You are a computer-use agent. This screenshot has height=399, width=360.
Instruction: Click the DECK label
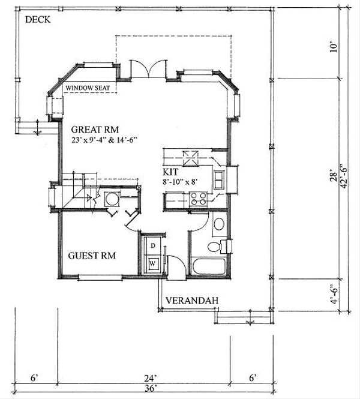38,20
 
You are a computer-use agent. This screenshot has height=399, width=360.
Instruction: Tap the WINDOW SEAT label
88,88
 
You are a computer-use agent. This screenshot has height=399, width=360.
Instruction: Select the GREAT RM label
95,130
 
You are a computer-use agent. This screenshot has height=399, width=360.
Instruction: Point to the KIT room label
170,172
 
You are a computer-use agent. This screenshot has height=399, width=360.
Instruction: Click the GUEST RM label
92,255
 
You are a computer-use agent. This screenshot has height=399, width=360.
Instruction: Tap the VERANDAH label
192,301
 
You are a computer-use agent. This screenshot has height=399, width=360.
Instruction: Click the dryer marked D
152,245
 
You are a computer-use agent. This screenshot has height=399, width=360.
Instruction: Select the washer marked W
152,264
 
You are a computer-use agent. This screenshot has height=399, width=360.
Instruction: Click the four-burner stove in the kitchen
199,199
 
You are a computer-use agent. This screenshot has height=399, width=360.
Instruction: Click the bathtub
209,266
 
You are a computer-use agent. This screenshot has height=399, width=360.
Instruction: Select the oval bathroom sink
219,224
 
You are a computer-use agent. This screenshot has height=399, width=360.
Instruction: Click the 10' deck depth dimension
334,48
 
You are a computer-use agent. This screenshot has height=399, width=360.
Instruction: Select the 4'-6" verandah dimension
334,294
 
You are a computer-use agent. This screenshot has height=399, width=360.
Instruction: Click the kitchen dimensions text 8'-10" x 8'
181,182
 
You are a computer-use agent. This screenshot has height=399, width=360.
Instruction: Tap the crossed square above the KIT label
191,158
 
